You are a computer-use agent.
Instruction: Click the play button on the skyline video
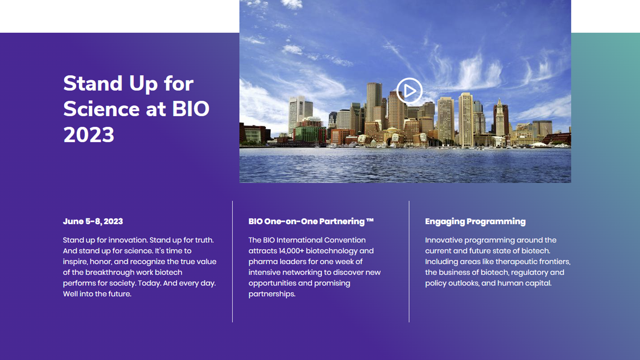tap(409, 91)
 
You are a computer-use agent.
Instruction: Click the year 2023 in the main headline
tap(89, 135)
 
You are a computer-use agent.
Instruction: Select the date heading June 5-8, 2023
tap(93, 221)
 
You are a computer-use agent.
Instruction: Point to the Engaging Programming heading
tap(475, 222)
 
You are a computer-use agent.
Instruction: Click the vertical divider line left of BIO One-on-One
tap(232, 262)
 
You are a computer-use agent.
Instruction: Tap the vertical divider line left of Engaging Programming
tap(409, 262)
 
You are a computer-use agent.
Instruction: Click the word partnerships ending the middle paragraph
tap(272, 294)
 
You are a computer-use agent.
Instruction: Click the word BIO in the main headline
tap(191, 109)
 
